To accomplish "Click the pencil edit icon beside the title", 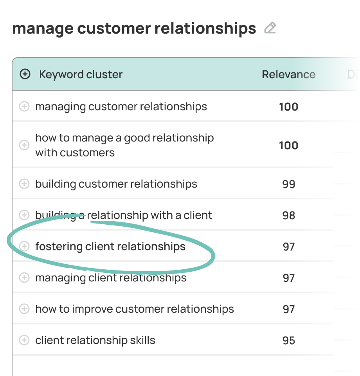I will point(270,28).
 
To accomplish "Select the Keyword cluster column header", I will point(81,74).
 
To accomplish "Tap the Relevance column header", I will point(288,74).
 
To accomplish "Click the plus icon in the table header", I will point(25,74).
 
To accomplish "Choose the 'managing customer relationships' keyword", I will point(121,107).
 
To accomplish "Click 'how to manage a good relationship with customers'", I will point(124,145).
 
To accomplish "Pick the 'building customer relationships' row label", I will point(116,184).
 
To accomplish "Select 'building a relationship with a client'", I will point(124,215).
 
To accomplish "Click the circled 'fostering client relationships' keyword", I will point(110,247).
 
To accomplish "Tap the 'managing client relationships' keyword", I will point(111,278).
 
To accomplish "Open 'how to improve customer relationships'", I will point(134,309).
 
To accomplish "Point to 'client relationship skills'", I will point(95,340).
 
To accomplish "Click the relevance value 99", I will point(289,184).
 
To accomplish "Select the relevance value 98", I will point(289,215).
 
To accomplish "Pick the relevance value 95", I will point(289,340).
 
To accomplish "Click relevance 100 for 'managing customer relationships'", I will point(289,107).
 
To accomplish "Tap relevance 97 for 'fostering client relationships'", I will point(289,247).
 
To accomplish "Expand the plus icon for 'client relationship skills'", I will point(24,340).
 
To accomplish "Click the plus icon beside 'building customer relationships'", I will point(24,184).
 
